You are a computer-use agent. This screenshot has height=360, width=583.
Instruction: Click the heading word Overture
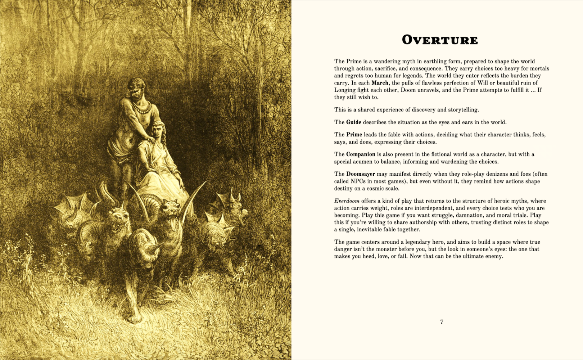click(x=440, y=40)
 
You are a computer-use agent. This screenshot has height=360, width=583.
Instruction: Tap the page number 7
click(x=442, y=322)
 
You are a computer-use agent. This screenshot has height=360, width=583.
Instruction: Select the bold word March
click(x=380, y=83)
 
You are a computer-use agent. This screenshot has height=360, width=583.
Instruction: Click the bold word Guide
click(x=354, y=122)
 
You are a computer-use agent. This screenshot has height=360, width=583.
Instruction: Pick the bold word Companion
click(x=361, y=154)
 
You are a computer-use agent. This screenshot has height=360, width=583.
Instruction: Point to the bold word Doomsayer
click(x=361, y=174)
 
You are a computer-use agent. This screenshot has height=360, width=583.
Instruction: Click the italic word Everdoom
click(x=347, y=201)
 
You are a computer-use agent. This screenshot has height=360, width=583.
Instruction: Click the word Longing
click(x=345, y=90)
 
